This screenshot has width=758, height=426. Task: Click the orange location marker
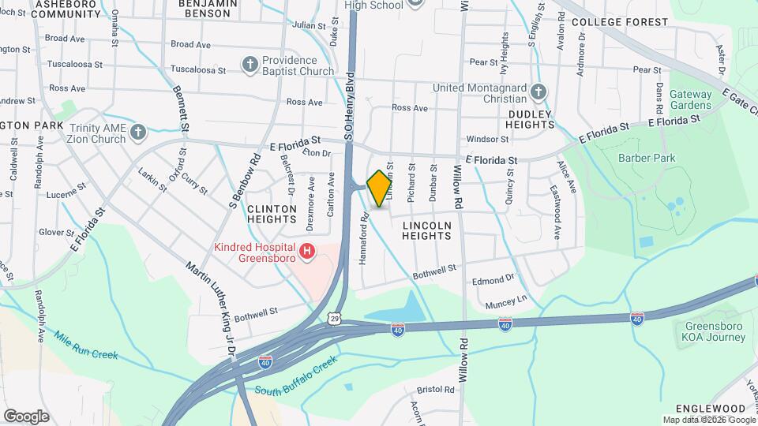[380, 188]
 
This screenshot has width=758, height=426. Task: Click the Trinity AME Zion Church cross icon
[138, 133]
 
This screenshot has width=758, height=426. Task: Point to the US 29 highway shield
[336, 317]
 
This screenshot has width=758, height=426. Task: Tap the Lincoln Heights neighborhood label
[426, 230]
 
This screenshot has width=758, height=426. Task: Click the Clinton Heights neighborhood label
[272, 215]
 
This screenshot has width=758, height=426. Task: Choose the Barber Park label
[647, 158]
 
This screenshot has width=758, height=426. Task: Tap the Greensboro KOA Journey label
[714, 331]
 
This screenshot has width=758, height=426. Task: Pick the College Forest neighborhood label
[619, 22]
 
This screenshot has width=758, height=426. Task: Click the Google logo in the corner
[26, 416]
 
